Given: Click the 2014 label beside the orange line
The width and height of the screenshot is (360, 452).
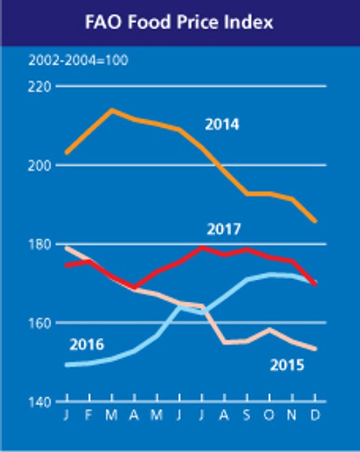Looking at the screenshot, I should [222, 124].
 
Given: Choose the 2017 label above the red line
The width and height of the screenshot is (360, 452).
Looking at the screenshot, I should [223, 230].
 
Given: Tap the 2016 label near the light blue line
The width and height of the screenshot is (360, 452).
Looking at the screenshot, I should [87, 344].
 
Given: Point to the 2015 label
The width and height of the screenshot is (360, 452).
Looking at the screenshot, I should [287, 365].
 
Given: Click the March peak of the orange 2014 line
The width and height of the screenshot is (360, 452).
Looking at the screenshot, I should [112, 110].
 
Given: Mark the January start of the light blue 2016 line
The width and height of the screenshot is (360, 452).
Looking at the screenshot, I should [67, 365].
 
